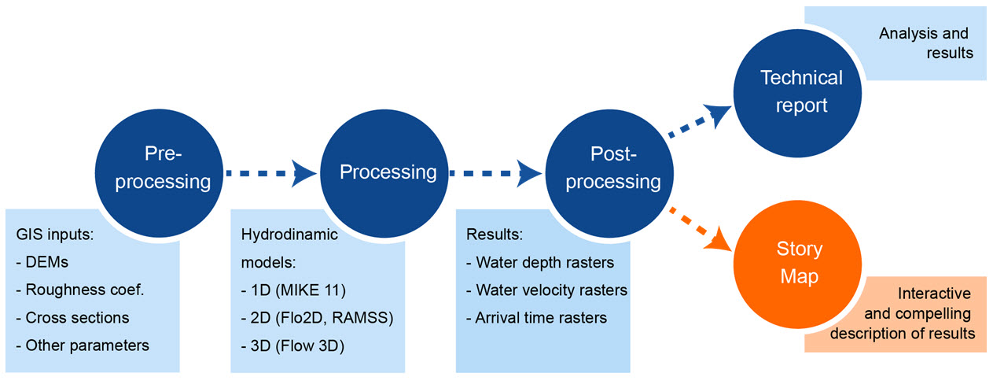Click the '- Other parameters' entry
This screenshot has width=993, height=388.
click(83, 345)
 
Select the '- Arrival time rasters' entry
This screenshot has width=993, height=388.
click(536, 318)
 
